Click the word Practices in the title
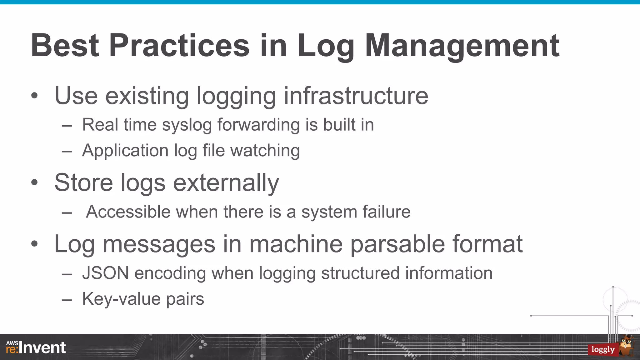179,46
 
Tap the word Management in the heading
462,46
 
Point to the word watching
265,151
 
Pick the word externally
226,183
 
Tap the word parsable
397,244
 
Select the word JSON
106,273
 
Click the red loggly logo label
603,349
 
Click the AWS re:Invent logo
36,347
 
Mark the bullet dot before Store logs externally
34,182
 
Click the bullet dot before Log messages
34,244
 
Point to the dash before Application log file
67,152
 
